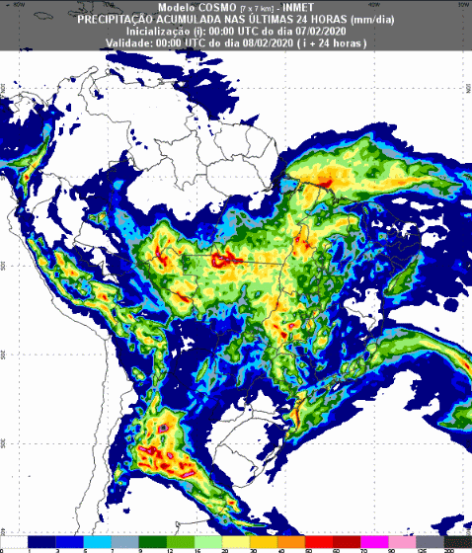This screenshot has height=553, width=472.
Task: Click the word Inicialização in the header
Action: pyautogui.click(x=153, y=32)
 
